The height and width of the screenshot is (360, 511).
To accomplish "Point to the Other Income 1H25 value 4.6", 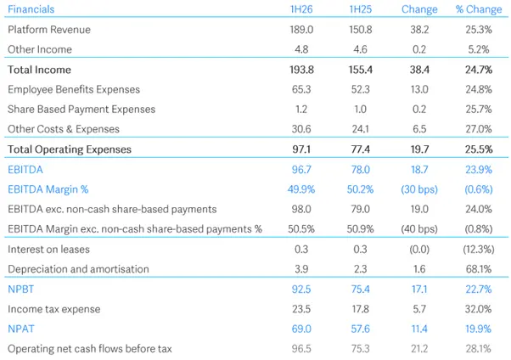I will (x=362, y=49).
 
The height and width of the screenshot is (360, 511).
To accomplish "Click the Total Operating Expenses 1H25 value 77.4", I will (x=361, y=149).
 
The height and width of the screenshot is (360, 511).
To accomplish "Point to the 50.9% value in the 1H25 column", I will (x=361, y=228).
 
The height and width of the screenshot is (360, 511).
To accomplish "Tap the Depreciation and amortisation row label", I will (x=78, y=268).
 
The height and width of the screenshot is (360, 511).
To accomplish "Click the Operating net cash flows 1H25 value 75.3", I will (x=361, y=348).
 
